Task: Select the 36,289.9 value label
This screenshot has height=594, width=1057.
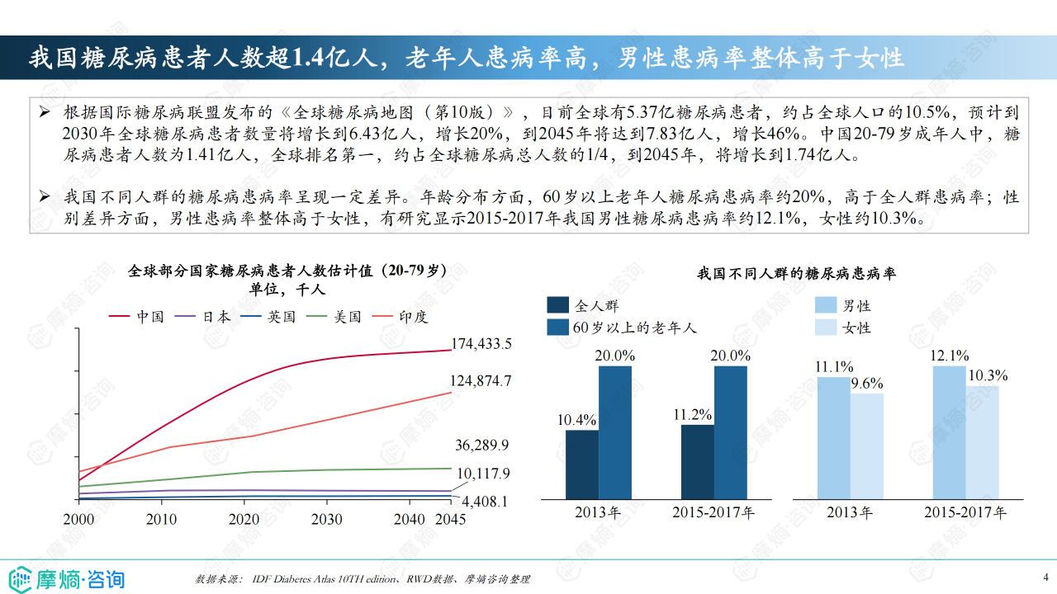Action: coord(481,445)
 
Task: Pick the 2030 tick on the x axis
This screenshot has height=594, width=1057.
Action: coord(326,519)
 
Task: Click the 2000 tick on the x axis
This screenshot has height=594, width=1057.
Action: coord(78,519)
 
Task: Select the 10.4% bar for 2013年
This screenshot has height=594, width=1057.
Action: coord(582,464)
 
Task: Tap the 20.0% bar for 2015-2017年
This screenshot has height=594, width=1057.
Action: coord(731,432)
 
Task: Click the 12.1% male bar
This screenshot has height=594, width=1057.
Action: coord(949,432)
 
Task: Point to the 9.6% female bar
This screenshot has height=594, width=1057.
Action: coord(867,445)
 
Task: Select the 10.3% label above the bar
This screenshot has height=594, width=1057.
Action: coord(988,376)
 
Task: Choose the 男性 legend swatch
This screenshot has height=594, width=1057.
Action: coord(826,306)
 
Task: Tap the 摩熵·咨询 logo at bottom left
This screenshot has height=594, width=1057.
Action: coord(66,577)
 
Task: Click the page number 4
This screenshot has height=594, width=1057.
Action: coord(1045,576)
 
